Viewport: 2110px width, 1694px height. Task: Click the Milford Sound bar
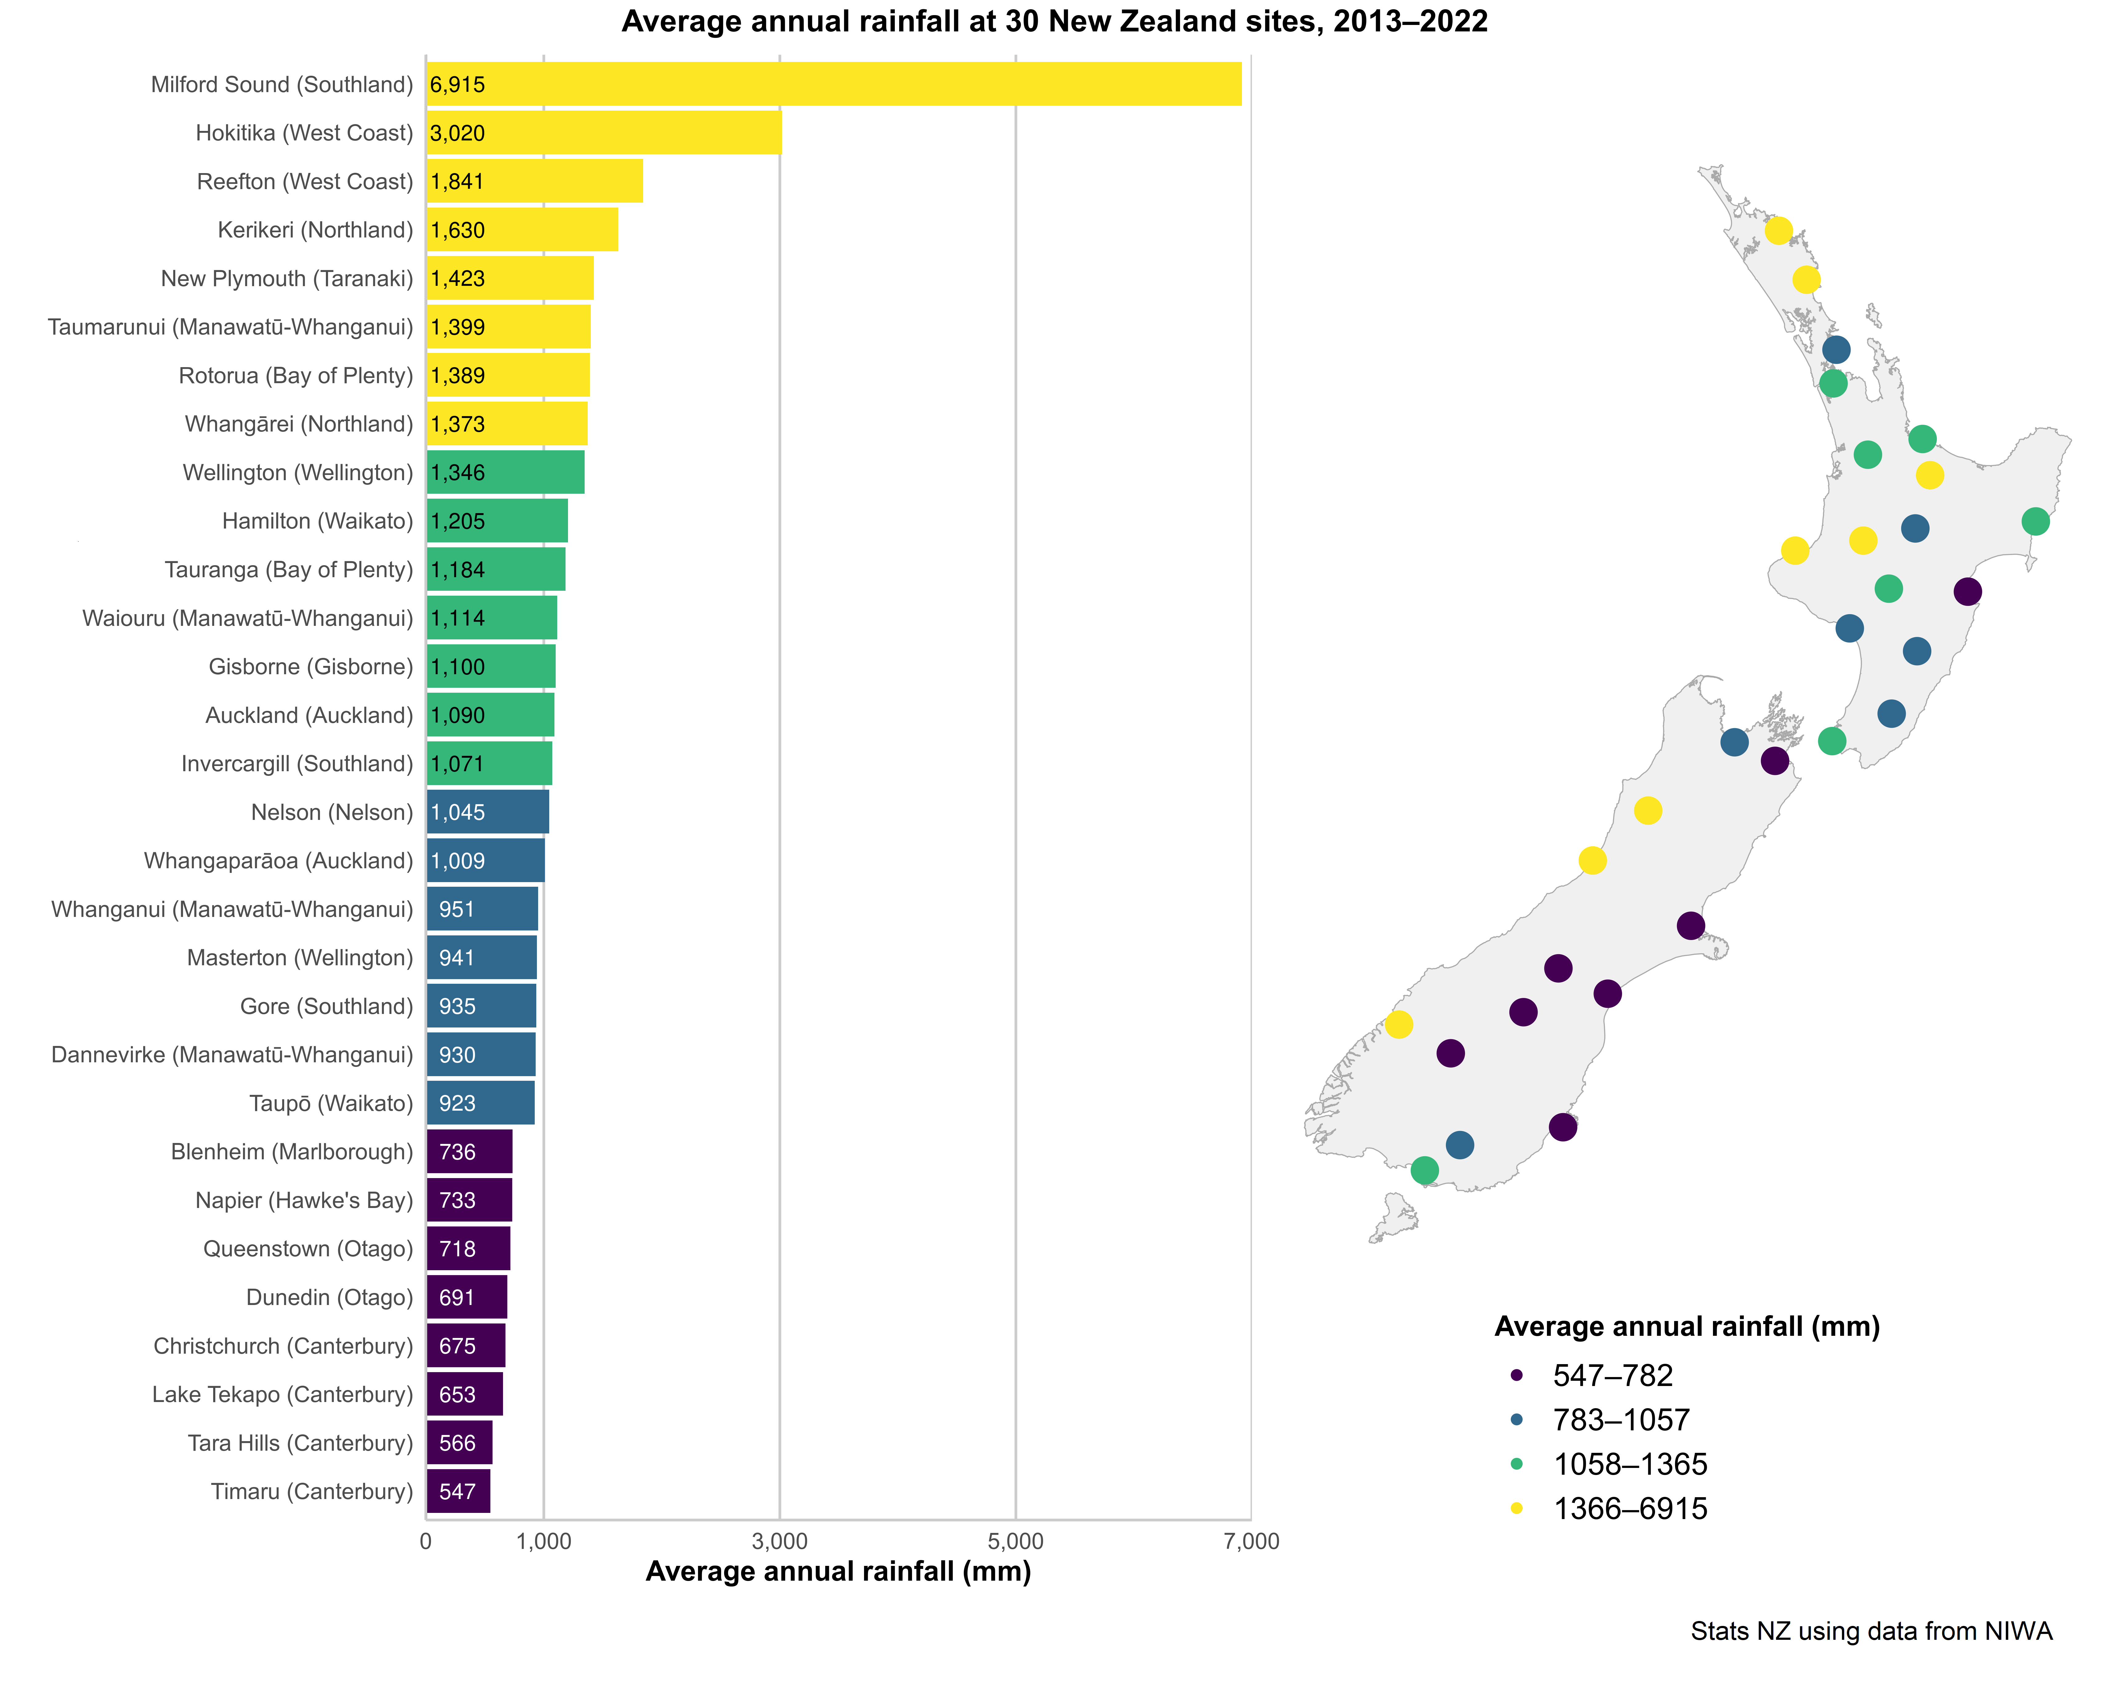(x=834, y=84)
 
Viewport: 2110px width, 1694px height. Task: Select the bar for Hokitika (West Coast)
(x=604, y=133)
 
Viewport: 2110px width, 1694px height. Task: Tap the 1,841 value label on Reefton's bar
(x=457, y=182)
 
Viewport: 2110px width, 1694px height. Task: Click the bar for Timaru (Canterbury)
(x=458, y=1491)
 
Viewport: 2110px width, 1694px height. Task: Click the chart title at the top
(x=1054, y=22)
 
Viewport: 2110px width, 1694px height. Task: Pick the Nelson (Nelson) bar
(x=487, y=812)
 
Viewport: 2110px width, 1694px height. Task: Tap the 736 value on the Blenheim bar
(x=457, y=1152)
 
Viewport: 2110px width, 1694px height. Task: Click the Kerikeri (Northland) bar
(x=521, y=230)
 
